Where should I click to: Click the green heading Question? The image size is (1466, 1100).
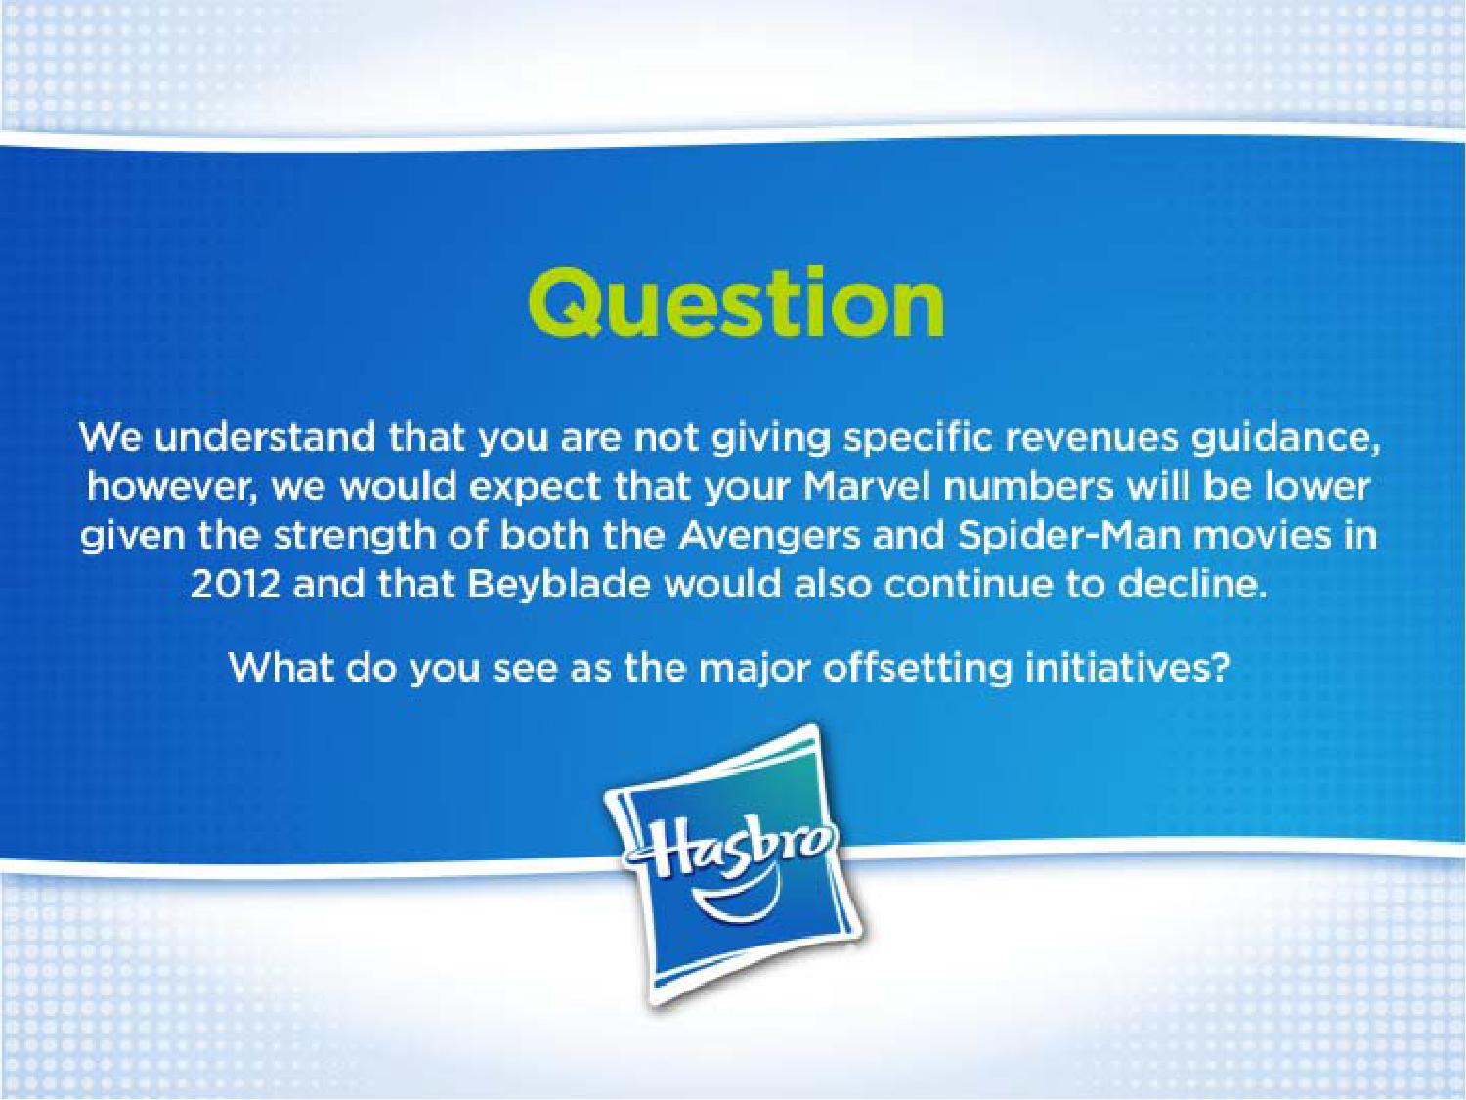point(736,304)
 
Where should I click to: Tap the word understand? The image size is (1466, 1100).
point(264,437)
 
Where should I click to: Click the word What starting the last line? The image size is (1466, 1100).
point(281,668)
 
